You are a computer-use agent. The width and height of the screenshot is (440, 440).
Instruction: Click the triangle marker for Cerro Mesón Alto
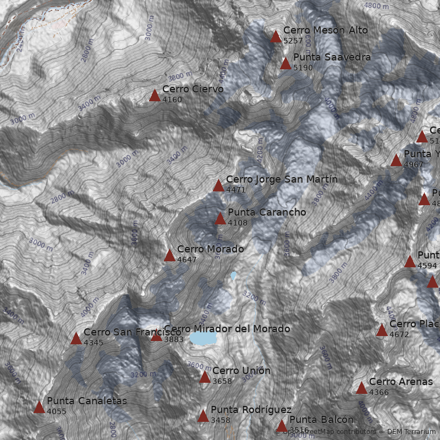coord(276,37)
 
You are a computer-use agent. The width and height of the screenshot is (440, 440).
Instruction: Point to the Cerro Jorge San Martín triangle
coord(218,185)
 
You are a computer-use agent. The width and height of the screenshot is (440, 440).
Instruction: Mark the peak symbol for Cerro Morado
coord(169,255)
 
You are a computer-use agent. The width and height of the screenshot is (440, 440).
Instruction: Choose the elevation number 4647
coord(186,260)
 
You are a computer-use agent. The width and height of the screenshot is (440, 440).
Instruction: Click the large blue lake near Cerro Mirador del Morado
coord(203,338)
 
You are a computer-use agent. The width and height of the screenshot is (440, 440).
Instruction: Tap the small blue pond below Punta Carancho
coord(234,275)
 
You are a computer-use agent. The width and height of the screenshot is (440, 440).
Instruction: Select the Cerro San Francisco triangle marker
coord(76,339)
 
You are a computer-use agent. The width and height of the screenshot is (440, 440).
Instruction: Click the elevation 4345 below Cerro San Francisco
coord(93,343)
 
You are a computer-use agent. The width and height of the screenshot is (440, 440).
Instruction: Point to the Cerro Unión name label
coord(241,371)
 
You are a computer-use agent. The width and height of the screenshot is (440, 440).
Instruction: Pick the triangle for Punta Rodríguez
coord(203,416)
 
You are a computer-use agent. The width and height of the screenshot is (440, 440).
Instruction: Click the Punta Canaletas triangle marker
coord(39,407)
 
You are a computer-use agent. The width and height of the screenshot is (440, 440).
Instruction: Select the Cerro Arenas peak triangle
coord(361,388)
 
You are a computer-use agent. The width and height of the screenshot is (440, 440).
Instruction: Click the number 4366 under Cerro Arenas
coord(378,393)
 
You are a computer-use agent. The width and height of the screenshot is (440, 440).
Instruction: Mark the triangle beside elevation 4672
coord(382,330)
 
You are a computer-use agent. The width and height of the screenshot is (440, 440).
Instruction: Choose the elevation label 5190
coord(302,68)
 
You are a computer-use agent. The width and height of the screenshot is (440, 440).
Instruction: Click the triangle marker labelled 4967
coord(396,160)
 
